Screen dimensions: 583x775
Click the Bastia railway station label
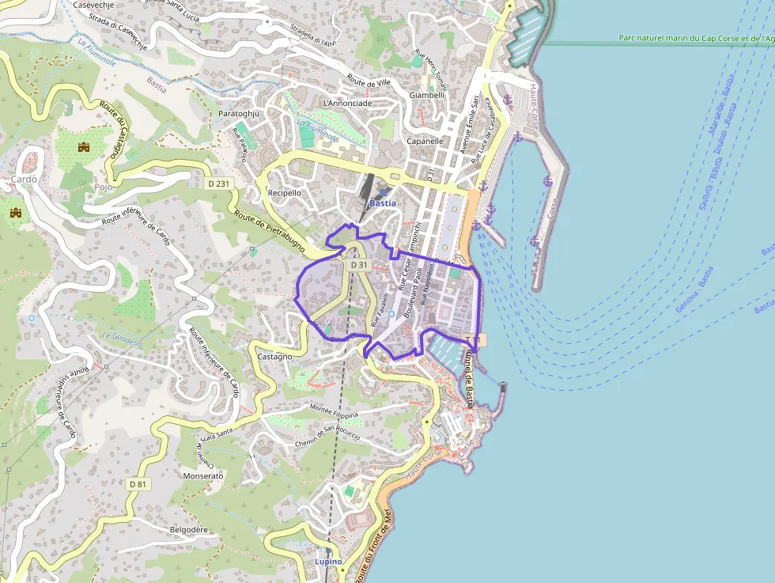[383, 203]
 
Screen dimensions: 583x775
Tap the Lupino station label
[328, 562]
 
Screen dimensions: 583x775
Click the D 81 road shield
[138, 484]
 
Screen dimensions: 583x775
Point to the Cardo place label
[25, 180]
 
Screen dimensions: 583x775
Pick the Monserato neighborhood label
[203, 476]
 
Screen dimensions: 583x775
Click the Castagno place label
[274, 357]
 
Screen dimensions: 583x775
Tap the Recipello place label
[285, 192]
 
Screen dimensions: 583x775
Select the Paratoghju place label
[239, 114]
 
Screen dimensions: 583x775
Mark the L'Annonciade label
[347, 103]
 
